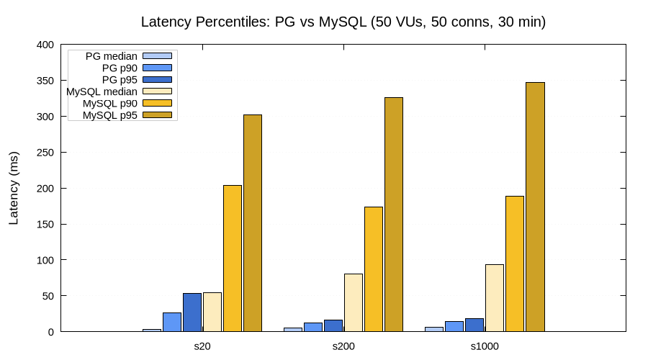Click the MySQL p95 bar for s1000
pyautogui.click(x=535, y=207)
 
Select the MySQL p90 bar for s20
pyautogui.click(x=233, y=258)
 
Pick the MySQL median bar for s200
pyautogui.click(x=354, y=302)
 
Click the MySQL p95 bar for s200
pyautogui.click(x=394, y=215)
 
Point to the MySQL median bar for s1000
pyautogui.click(x=495, y=298)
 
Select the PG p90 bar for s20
pyautogui.click(x=172, y=322)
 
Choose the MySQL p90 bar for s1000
pyautogui.click(x=515, y=264)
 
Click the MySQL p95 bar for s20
pyautogui.click(x=253, y=223)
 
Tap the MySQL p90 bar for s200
pyautogui.click(x=374, y=269)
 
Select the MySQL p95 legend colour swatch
pyautogui.click(x=158, y=115)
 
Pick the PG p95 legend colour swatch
pyautogui.click(x=158, y=79)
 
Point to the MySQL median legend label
pyautogui.click(x=102, y=91)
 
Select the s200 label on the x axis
pyautogui.click(x=343, y=346)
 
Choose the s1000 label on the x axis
pyautogui.click(x=485, y=346)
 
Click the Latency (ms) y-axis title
pyautogui.click(x=14, y=188)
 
